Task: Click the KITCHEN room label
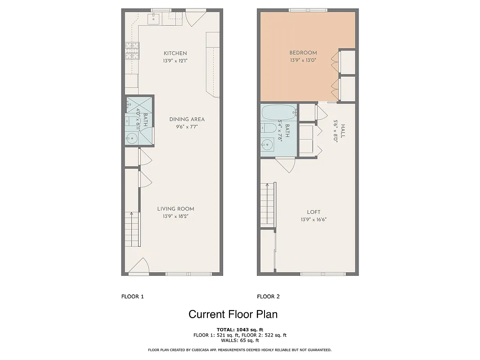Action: [175, 53]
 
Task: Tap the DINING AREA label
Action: [187, 119]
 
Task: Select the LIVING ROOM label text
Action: [175, 209]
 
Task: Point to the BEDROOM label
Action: [303, 53]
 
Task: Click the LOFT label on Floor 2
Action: [314, 212]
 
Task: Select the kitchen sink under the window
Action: [154, 18]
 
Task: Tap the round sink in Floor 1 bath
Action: [131, 138]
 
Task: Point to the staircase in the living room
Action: [133, 229]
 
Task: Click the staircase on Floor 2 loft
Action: [268, 205]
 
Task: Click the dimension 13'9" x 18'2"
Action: [175, 216]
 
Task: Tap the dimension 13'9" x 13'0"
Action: [303, 60]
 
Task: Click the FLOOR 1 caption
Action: [132, 297]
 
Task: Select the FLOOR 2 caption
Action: [268, 297]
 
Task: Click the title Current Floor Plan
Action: [233, 314]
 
